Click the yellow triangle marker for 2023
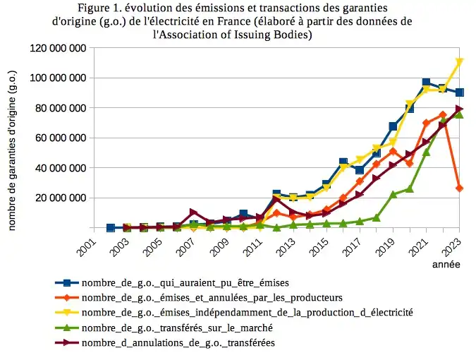[459, 62]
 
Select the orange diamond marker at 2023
[459, 188]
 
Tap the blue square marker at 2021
[426, 83]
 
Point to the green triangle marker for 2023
[459, 113]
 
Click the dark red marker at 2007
[193, 212]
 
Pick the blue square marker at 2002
[111, 228]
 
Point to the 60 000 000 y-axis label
[61, 138]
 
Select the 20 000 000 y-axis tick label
[61, 198]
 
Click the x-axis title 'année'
[446, 265]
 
